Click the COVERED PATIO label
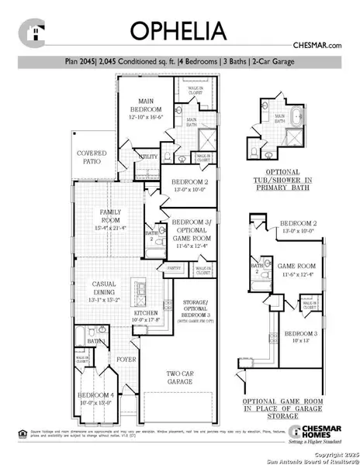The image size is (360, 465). [92, 157]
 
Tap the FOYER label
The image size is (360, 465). [126, 360]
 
